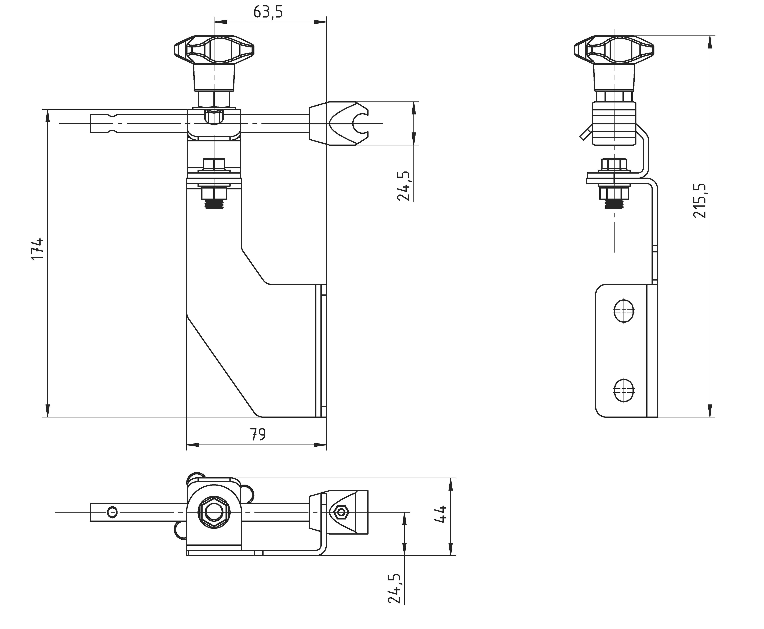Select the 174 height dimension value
[37, 249]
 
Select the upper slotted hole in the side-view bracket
[624, 310]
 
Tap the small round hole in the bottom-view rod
[112, 512]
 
